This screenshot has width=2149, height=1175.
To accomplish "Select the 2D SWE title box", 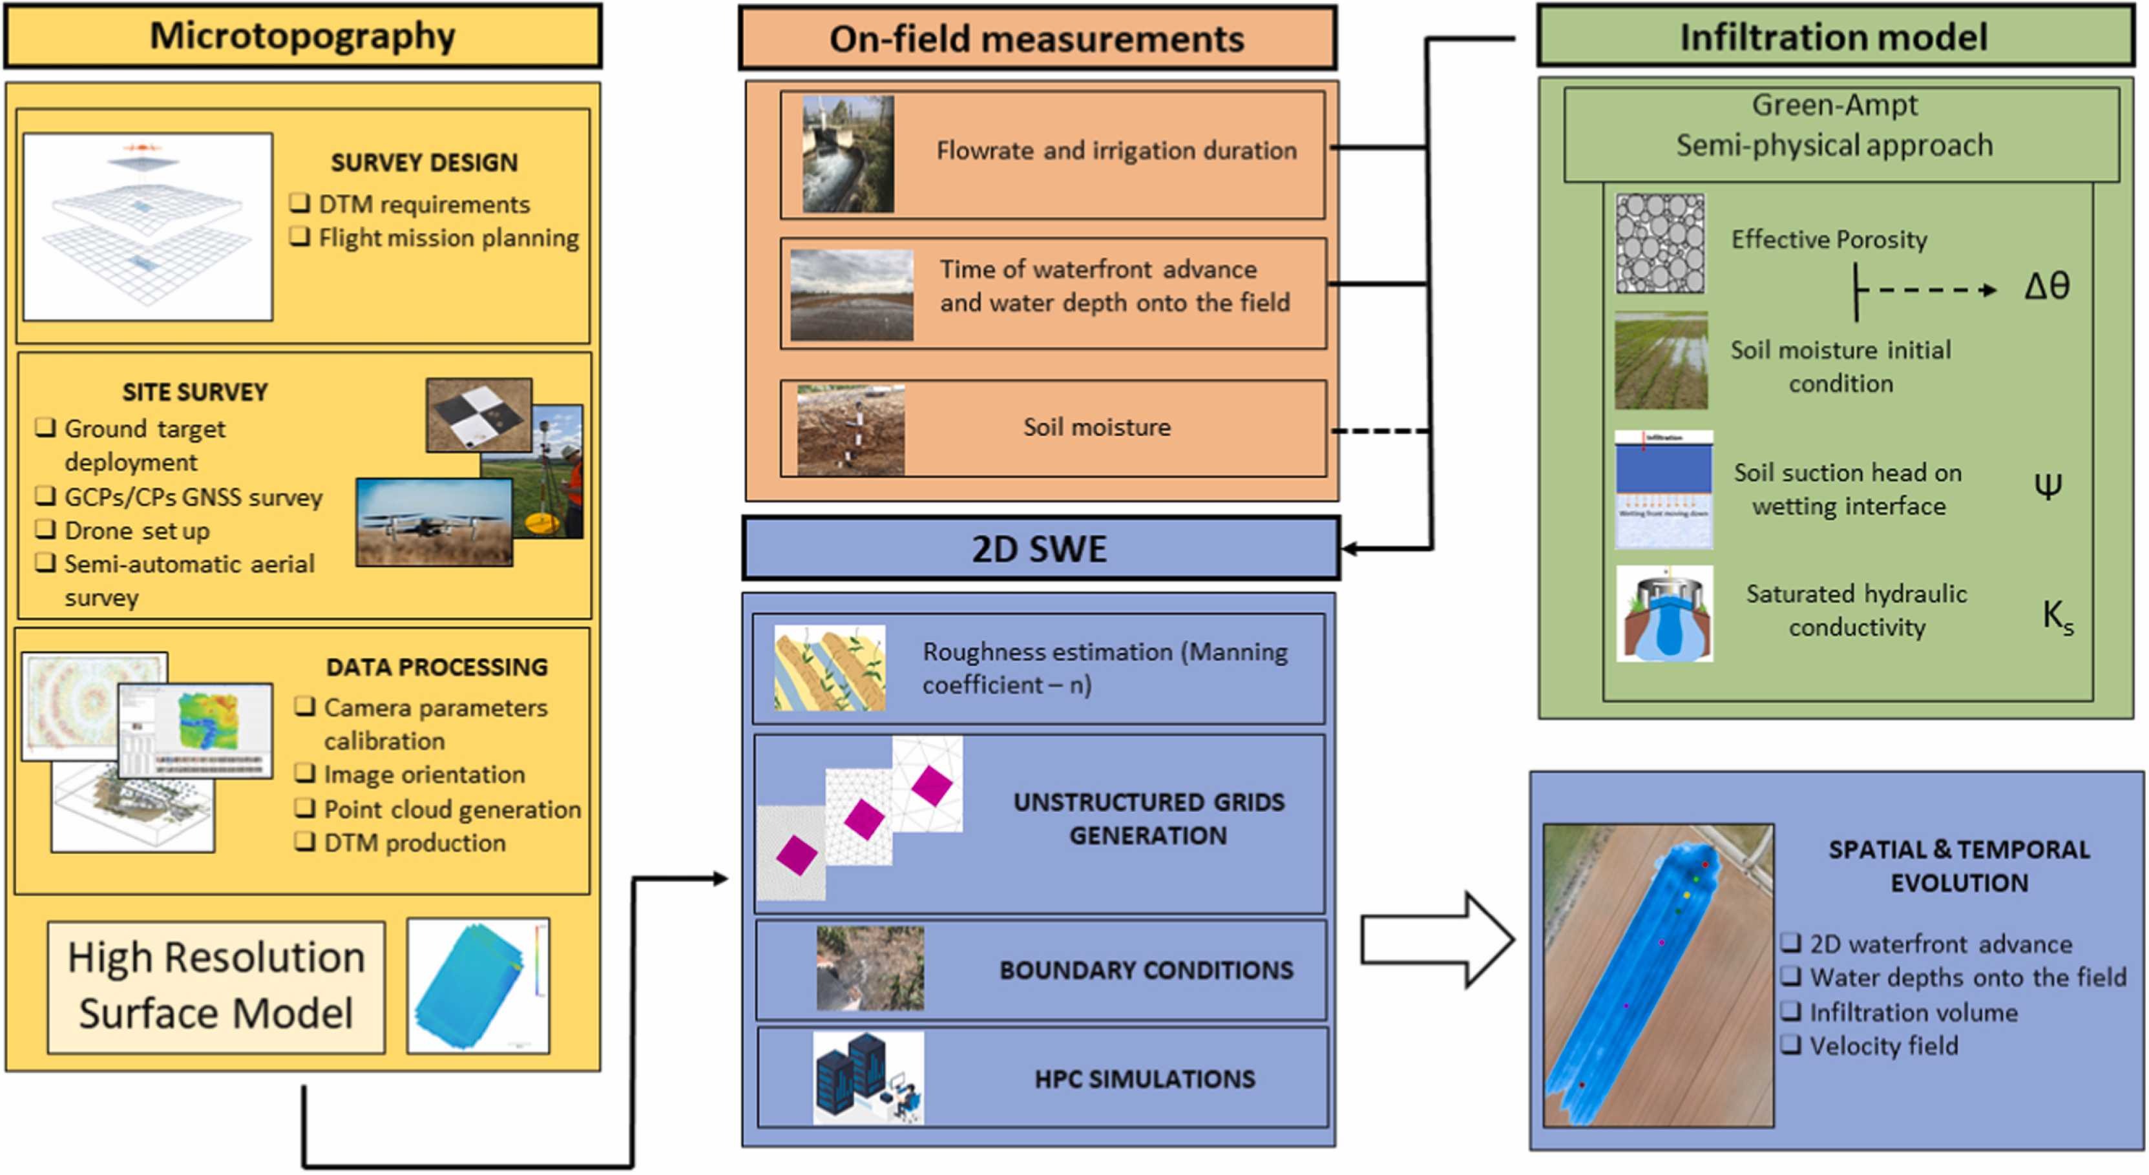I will click(1040, 548).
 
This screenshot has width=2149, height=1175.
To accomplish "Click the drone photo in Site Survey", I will click(434, 522).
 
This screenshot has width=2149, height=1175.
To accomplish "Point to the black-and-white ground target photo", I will click(478, 415).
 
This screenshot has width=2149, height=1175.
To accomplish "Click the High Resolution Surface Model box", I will click(216, 986).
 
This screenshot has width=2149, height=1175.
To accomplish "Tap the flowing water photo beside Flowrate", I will click(848, 154).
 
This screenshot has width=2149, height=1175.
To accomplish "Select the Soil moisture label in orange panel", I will click(1096, 427).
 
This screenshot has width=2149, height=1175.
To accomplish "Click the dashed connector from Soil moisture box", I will click(1380, 431).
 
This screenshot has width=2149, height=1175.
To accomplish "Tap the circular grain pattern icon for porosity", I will click(1660, 244).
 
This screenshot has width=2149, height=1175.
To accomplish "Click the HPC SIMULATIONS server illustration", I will click(868, 1077).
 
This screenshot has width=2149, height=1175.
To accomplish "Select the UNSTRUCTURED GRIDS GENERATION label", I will click(1148, 818).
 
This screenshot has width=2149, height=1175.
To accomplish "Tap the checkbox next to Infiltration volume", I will click(1790, 1012).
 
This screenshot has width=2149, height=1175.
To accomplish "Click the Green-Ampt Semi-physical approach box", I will click(1841, 126).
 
